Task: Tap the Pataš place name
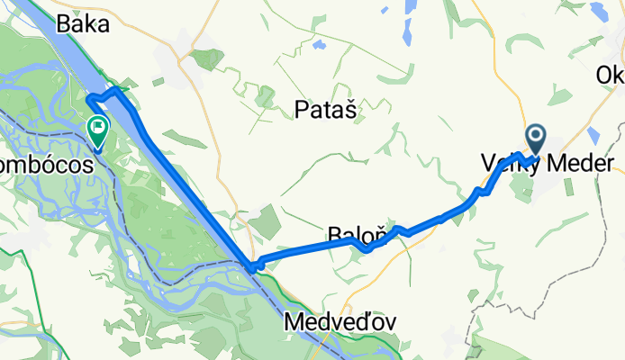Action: coord(325,110)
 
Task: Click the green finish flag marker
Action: coord(96,130)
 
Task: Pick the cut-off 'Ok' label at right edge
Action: coord(611,76)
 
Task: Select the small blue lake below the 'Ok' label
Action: coord(593,135)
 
